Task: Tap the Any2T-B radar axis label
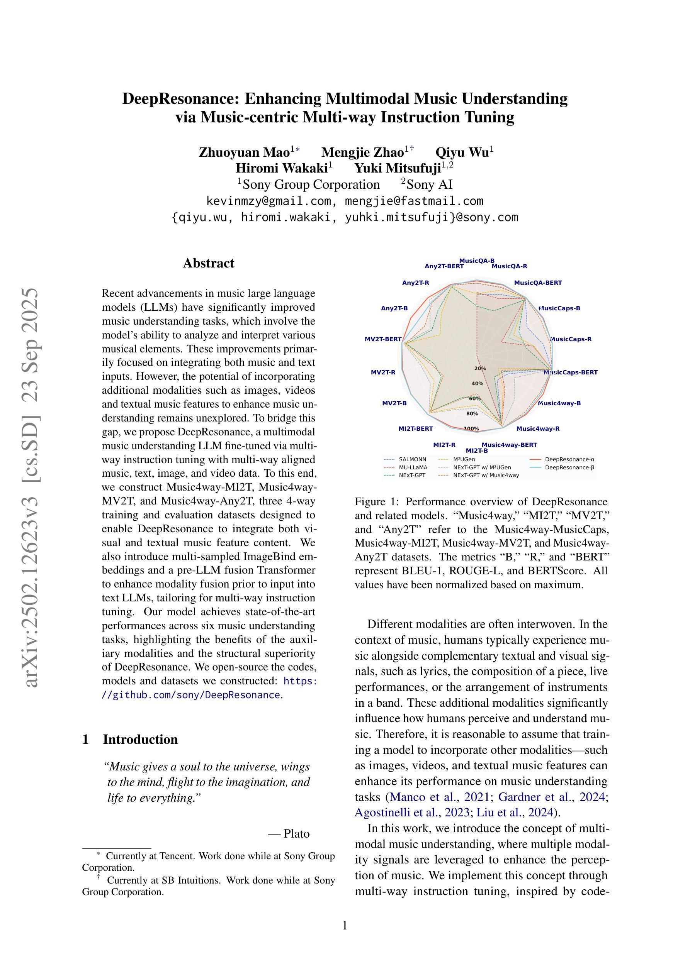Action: pyautogui.click(x=394, y=308)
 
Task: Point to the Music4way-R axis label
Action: pyautogui.click(x=537, y=428)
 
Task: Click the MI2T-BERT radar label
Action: pyautogui.click(x=415, y=428)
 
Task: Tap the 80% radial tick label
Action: pyautogui.click(x=472, y=414)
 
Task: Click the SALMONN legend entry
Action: pyautogui.click(x=412, y=459)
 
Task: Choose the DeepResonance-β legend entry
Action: pyautogui.click(x=569, y=467)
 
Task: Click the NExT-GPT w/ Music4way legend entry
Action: pyautogui.click(x=486, y=475)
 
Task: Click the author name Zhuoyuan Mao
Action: pyautogui.click(x=244, y=152)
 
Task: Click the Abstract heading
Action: pyautogui.click(x=208, y=263)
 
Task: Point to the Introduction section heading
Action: pyautogui.click(x=140, y=739)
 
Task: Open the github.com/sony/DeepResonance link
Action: pyautogui.click(x=191, y=695)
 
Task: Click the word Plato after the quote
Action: pyautogui.click(x=296, y=834)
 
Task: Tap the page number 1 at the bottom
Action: pyautogui.click(x=345, y=925)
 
